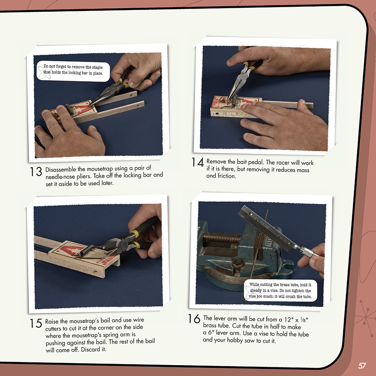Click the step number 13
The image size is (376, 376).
point(36,171)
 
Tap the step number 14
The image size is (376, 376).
point(198,162)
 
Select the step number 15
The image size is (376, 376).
point(36,323)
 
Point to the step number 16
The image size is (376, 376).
point(194,319)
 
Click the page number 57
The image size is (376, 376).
point(362,366)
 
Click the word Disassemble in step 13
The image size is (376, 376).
point(61,170)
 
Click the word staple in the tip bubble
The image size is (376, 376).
point(97,67)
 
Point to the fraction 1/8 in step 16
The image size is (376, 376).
point(303,320)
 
